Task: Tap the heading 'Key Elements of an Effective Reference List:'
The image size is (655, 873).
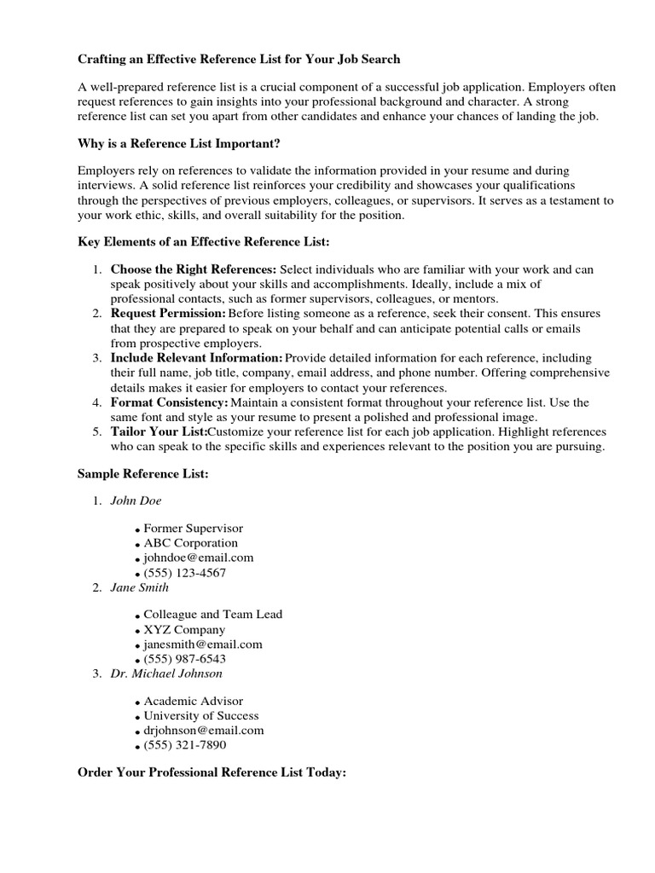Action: click(203, 243)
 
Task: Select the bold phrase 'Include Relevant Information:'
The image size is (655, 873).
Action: click(196, 358)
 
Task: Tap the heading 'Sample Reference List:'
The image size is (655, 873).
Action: click(142, 473)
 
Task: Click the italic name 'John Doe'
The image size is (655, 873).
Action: click(136, 500)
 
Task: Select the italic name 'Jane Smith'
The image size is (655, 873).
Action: click(140, 587)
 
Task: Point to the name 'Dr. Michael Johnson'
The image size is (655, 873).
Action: click(166, 674)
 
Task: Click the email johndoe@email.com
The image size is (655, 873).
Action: click(198, 558)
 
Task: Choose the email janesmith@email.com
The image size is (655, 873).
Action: click(203, 645)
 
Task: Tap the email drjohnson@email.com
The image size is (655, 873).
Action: click(204, 731)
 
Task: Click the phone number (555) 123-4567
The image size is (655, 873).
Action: click(184, 573)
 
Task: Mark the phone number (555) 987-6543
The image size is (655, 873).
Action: click(184, 659)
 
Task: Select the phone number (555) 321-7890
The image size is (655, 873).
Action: click(184, 745)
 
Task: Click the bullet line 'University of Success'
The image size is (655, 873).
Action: click(200, 716)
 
